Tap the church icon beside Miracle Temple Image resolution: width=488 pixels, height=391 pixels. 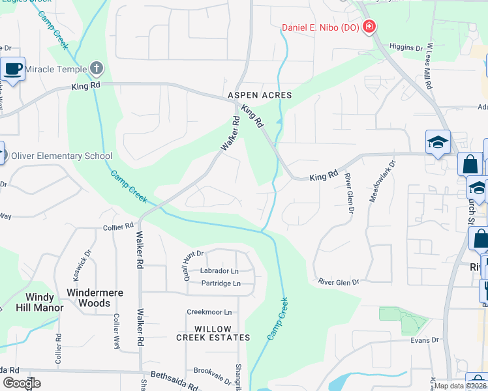click(96, 68)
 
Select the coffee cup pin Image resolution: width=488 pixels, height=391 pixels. click(12, 68)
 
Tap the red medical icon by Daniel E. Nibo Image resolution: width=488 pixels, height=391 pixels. click(369, 27)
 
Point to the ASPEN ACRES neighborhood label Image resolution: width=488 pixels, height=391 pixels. click(260, 95)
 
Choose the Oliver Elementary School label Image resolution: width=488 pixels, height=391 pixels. click(61, 156)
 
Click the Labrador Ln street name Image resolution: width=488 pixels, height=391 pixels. click(220, 271)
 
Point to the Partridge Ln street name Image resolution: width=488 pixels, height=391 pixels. click(221, 283)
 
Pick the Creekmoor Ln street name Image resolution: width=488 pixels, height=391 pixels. click(209, 313)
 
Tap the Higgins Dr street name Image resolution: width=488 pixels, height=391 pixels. click(406, 48)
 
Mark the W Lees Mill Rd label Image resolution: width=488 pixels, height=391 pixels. click(429, 66)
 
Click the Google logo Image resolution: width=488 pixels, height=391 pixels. click(22, 383)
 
